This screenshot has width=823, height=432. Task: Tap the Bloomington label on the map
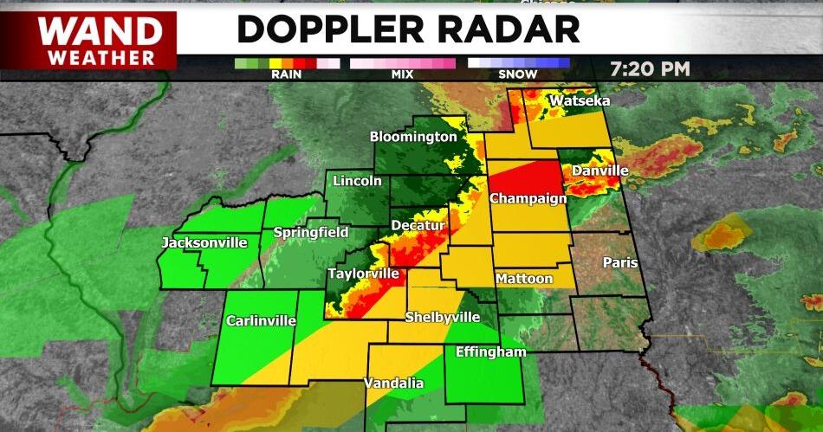(413, 137)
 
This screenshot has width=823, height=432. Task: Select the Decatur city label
(418, 226)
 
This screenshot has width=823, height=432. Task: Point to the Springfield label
(311, 232)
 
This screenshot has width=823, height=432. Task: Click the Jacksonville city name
(204, 243)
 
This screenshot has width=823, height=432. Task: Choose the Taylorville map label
(363, 274)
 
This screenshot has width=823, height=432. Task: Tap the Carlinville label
(261, 321)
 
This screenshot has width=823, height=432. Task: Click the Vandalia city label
(393, 383)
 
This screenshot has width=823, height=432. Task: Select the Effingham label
(490, 352)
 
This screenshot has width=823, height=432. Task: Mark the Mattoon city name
(524, 279)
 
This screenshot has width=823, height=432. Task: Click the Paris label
(620, 262)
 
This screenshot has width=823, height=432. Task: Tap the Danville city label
(599, 171)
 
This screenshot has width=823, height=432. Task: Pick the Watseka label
(580, 101)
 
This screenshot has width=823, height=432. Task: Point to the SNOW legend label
(518, 74)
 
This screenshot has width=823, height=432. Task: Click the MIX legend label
(402, 74)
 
